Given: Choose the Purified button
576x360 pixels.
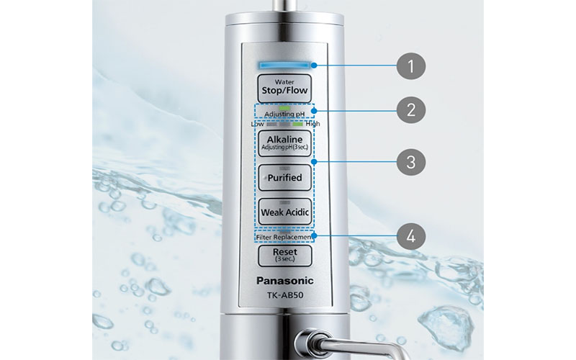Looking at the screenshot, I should (x=286, y=177).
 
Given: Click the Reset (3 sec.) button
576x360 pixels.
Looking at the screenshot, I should (x=286, y=255).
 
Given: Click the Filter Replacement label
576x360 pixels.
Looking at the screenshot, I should (x=286, y=237).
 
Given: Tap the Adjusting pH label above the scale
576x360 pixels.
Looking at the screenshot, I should (x=286, y=114).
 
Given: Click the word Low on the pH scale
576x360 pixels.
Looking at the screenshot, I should (x=257, y=124).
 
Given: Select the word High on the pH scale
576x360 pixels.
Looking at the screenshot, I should (x=313, y=124).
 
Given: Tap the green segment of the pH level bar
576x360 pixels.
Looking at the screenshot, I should (x=297, y=124).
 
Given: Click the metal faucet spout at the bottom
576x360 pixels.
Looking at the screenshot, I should (x=317, y=342).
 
